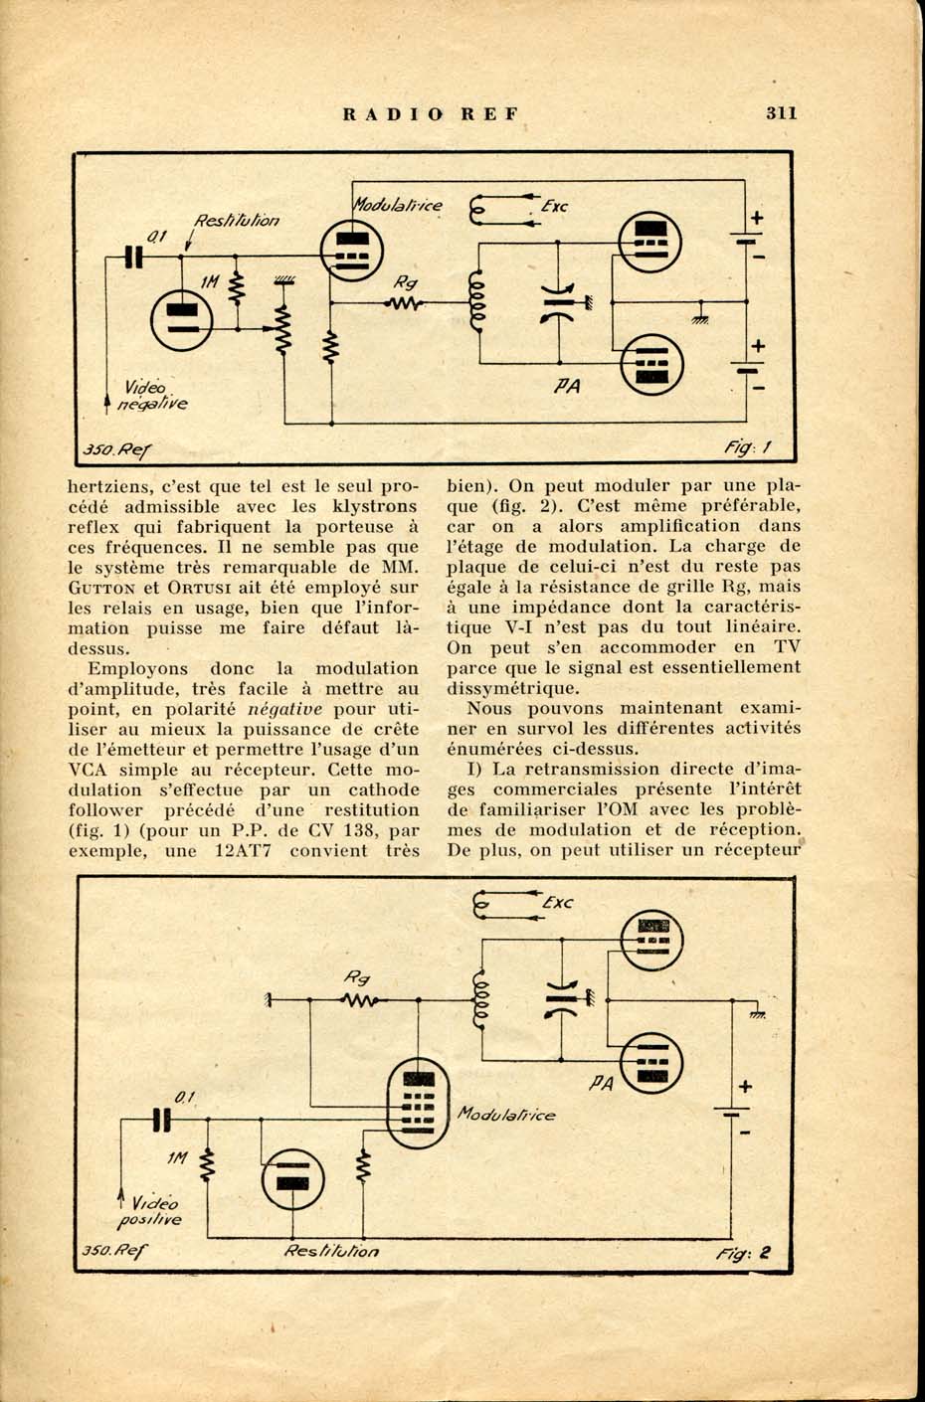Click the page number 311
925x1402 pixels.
point(781,113)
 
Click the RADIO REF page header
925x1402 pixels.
point(431,114)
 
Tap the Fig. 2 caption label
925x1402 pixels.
point(743,1253)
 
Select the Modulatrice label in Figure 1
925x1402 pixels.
point(398,205)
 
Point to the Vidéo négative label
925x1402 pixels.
point(153,396)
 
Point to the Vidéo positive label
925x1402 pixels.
point(149,1211)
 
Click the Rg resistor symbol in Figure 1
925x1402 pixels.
point(404,303)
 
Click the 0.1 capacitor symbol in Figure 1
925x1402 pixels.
point(134,257)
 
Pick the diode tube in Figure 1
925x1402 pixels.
point(182,320)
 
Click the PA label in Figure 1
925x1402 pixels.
point(567,386)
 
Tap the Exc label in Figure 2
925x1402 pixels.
point(557,902)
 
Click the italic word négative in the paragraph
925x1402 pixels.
point(284,709)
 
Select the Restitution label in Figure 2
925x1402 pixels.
point(331,1251)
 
